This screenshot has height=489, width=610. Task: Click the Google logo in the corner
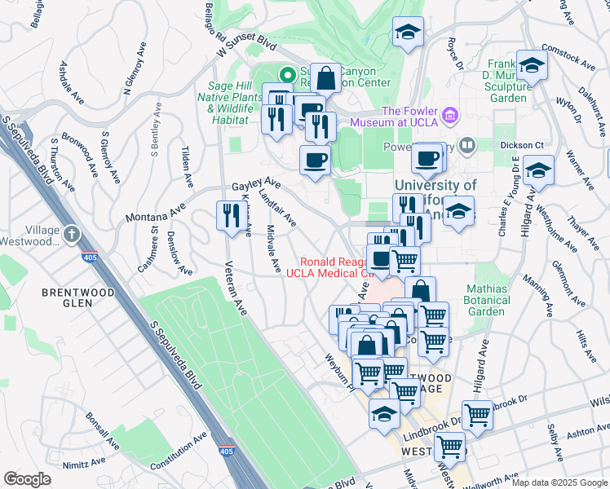tap(27, 479)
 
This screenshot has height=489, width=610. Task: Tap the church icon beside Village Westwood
tap(72, 235)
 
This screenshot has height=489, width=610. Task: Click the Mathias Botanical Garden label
tap(488, 300)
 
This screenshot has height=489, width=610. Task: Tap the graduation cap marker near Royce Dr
tap(408, 33)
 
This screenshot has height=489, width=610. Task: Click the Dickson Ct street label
tap(522, 145)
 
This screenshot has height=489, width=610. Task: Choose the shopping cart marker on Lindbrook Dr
tap(477, 415)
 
